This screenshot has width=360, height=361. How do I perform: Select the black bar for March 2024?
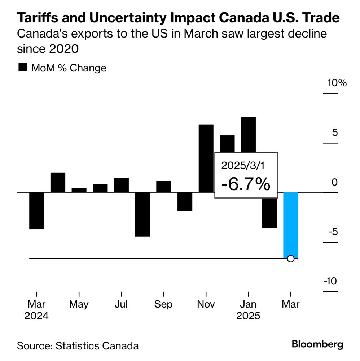tap(36, 210)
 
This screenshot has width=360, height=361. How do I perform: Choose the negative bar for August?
tap(142, 214)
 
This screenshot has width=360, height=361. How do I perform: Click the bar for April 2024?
tap(58, 182)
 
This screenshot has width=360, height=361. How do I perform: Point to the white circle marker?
tap(291, 258)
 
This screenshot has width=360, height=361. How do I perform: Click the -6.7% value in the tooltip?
tap(246, 185)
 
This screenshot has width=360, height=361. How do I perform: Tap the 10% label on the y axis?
tap(337, 83)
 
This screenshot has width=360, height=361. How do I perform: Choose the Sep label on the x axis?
tap(163, 304)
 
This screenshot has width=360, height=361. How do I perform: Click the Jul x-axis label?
tap(121, 304)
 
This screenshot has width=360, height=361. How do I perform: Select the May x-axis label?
tap(79, 304)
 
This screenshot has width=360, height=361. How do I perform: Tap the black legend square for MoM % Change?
tap(23, 68)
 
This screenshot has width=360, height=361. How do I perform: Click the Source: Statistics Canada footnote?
tap(78, 345)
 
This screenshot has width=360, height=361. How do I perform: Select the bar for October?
tap(185, 201)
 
